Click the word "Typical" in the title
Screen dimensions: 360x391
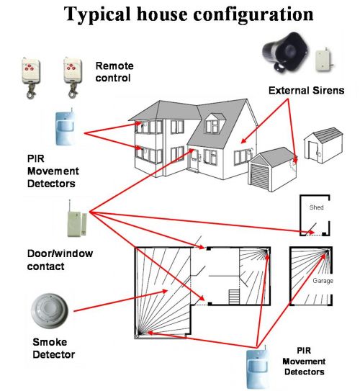[97, 15]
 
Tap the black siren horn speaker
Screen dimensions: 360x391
[285, 53]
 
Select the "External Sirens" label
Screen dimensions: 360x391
[307, 91]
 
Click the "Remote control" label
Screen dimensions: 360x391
[114, 72]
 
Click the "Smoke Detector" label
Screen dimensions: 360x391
[53, 349]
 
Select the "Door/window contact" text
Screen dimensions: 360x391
[60, 260]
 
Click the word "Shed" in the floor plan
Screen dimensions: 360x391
[316, 207]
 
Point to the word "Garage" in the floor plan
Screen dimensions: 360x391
[323, 281]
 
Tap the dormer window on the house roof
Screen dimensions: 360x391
[212, 126]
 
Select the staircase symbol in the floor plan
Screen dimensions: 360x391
[234, 297]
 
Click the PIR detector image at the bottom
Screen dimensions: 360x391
[258, 367]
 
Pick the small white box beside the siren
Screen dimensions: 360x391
[324, 60]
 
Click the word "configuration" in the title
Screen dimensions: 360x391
[253, 15]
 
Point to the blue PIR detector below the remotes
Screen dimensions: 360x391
[65, 127]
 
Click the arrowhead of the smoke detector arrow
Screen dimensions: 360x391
[165, 291]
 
